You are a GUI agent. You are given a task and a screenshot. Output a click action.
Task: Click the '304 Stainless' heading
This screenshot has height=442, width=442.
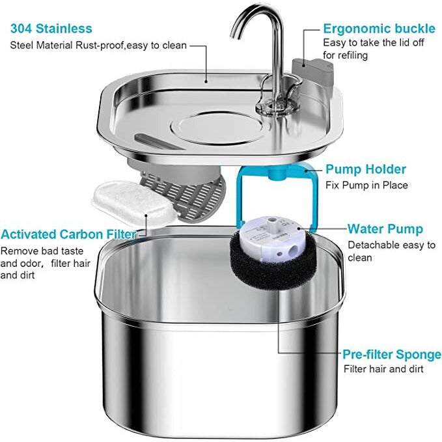[x=51, y=29]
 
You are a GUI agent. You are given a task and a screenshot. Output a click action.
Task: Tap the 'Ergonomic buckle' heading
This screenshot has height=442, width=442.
[x=379, y=29]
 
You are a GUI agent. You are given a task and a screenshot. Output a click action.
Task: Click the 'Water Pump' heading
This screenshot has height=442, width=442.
[x=385, y=229]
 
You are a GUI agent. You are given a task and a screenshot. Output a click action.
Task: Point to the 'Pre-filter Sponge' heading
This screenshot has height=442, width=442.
[x=392, y=354]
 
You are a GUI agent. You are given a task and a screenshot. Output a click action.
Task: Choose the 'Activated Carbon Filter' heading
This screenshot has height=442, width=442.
[x=68, y=234]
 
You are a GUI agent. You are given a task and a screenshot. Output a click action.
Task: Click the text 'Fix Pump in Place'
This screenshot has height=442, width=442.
[x=366, y=185]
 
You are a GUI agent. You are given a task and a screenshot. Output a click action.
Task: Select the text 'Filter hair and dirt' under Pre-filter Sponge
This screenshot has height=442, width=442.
[x=383, y=369]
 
